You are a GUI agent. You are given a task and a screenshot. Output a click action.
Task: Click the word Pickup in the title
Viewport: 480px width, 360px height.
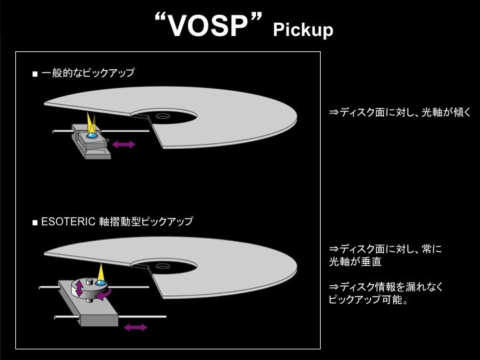tap(303, 30)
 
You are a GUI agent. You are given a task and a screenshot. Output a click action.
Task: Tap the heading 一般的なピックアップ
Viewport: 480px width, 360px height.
tap(88, 73)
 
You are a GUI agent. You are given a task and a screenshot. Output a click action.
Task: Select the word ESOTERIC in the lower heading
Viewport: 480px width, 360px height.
tap(68, 221)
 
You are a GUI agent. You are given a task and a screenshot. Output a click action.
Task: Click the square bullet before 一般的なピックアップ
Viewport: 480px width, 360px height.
tap(35, 74)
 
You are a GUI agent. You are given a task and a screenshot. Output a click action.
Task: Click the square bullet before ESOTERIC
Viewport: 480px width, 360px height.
tap(35, 222)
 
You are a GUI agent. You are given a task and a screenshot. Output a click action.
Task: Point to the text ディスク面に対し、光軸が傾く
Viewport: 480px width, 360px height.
tap(400, 113)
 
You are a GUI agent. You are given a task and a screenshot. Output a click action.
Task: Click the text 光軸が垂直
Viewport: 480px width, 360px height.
tap(355, 261)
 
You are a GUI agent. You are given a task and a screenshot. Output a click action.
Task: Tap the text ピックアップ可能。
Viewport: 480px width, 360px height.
tap(368, 299)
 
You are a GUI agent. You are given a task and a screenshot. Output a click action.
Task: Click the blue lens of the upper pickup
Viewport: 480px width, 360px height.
tap(91, 135)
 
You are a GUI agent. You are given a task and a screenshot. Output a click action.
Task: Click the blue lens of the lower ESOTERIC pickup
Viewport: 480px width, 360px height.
tap(100, 283)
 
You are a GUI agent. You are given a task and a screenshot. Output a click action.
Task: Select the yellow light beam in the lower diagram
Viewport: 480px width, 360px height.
tap(101, 273)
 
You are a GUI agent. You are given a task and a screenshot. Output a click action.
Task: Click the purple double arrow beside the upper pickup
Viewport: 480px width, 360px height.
tap(124, 144)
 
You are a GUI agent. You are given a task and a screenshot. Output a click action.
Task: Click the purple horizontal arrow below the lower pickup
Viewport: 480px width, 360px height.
tap(135, 327)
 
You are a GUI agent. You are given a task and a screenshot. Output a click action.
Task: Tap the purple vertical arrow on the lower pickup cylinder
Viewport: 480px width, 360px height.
tap(79, 289)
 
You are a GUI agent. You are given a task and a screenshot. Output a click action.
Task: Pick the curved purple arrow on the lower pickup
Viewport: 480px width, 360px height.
tap(103, 295)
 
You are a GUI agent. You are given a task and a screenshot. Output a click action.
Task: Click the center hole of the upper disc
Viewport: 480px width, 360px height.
tap(162, 116)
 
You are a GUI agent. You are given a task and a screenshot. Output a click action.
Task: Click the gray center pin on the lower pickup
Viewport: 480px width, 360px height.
tap(89, 281)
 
